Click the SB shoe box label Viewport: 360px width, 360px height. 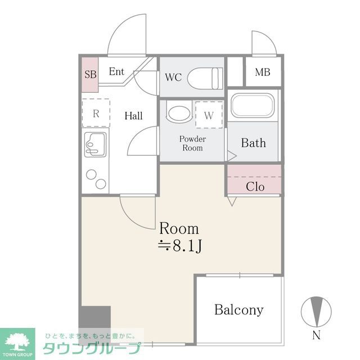tap(90, 74)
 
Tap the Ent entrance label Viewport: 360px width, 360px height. tap(116, 72)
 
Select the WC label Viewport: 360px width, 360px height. tap(173, 78)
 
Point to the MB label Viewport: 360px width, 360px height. tap(262, 73)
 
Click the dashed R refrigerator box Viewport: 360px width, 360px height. tap(96, 113)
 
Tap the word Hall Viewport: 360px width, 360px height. tap(133, 116)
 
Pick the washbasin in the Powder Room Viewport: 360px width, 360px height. tap(179, 113)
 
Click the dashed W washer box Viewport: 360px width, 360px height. tap(209, 116)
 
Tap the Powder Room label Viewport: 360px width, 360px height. tap(192, 143)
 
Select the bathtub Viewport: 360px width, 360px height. tap(253, 105)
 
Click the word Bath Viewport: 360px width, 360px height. tap(253, 143)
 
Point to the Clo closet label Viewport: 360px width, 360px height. tap(255, 187)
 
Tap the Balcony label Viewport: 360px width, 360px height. tap(238, 310)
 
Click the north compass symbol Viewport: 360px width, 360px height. tap(316, 311)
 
